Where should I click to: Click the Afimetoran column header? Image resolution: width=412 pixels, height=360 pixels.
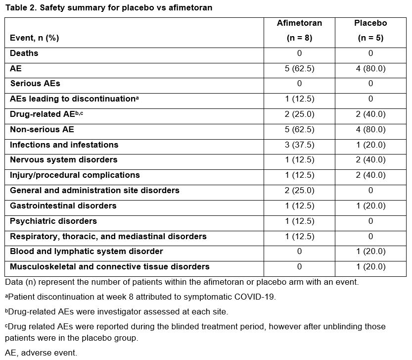click(299, 23)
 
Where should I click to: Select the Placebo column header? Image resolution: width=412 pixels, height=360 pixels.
click(370, 23)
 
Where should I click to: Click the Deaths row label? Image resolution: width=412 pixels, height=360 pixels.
click(24, 53)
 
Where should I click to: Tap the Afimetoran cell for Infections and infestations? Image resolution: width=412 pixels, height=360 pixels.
click(299, 145)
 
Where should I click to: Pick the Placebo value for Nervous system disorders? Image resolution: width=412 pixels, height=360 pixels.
click(370, 160)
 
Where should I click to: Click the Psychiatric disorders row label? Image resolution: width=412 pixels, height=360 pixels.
click(53, 221)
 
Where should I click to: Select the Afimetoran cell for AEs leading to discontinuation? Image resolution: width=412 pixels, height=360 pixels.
click(299, 99)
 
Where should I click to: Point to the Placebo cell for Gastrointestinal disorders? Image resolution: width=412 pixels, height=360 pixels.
click(370, 206)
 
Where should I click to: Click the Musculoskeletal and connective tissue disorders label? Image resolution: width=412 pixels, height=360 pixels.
click(110, 266)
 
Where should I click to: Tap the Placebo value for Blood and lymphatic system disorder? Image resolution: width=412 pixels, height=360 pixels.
click(370, 252)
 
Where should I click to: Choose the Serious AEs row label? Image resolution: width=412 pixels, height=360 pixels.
click(35, 84)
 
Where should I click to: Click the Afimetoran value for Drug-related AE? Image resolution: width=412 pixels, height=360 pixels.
click(299, 114)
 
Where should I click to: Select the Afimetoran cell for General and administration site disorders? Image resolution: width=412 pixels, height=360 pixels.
click(299, 191)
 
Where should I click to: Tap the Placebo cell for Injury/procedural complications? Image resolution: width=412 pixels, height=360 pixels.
click(370, 175)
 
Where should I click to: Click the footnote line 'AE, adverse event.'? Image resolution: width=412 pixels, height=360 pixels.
click(41, 353)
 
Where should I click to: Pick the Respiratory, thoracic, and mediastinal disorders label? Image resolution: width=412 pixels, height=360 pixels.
click(108, 236)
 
